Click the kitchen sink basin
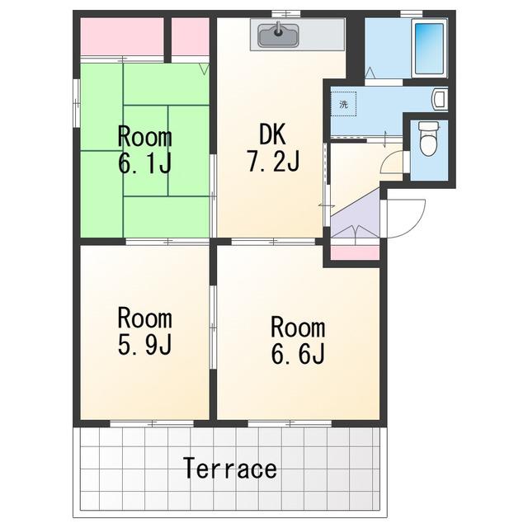point(278,35)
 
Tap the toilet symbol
point(428,139)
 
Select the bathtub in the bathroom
point(429,49)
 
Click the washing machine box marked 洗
point(343,104)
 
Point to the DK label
point(273,134)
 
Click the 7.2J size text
point(273,162)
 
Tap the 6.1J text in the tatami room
point(145,163)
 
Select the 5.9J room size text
point(145,344)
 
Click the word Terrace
point(231,469)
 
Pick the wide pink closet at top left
point(122,36)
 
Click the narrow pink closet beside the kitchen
point(191,36)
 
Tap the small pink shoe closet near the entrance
point(355,252)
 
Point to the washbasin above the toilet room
point(440,99)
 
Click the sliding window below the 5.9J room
point(152,423)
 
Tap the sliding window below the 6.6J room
point(290,423)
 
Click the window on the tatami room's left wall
point(77,103)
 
